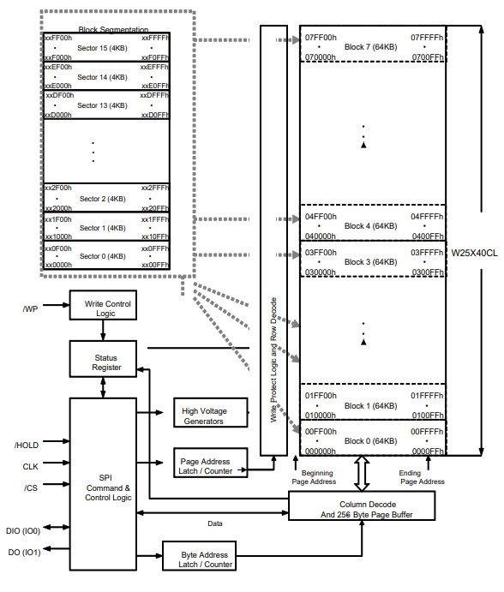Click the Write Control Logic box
pos(103,305)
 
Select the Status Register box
pos(103,359)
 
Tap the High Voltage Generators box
pos(211,412)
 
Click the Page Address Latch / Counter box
pos(211,463)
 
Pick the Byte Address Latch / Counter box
pos(199,555)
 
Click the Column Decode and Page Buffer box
pos(362,506)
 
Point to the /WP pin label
pos(30,309)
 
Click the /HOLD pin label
pos(27,445)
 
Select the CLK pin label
pos(30,467)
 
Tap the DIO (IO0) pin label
pos(23,531)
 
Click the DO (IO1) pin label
pos(24,553)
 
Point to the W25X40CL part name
pos(475,253)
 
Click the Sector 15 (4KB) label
pos(102,48)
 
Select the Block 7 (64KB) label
pos(370,47)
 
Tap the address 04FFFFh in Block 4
pos(427,217)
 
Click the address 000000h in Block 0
pos(320,451)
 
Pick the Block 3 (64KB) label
pos(370,261)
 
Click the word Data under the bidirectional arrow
pos(215,523)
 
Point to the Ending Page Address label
pos(422,477)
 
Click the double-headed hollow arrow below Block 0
pos(362,474)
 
